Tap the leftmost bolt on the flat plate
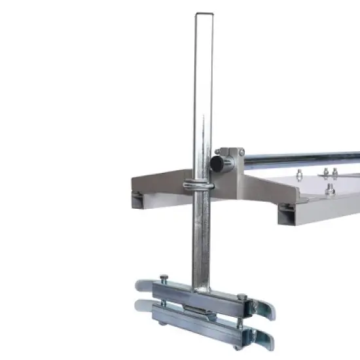click(298, 173)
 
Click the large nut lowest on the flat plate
click(329, 190)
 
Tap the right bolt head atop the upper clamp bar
click(242, 297)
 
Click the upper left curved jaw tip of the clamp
click(141, 285)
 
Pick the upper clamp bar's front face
click(196, 298)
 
